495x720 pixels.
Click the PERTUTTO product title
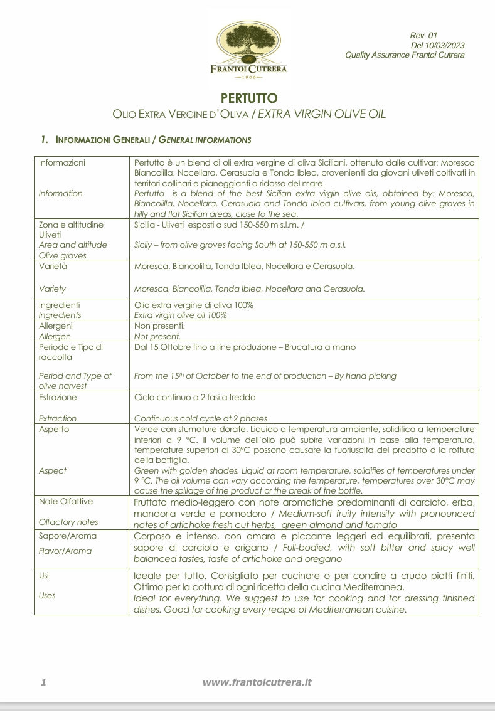(249, 98)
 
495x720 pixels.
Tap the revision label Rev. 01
(423, 36)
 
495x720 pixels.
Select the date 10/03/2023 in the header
(445, 45)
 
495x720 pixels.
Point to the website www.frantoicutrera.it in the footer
(257, 682)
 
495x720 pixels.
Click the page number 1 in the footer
(43, 682)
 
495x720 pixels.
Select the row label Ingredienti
(59, 305)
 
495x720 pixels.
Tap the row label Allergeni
(55, 326)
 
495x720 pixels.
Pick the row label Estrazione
(58, 397)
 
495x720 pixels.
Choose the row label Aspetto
(54, 429)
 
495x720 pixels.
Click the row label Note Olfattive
(66, 501)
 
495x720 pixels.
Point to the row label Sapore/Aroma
(68, 536)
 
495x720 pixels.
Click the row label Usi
(44, 575)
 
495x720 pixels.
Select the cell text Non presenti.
(159, 326)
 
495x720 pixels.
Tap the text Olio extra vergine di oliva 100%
(193, 305)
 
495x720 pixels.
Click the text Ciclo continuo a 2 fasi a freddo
(194, 397)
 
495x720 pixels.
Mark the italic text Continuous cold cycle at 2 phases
(201, 418)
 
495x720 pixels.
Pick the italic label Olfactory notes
(68, 522)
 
